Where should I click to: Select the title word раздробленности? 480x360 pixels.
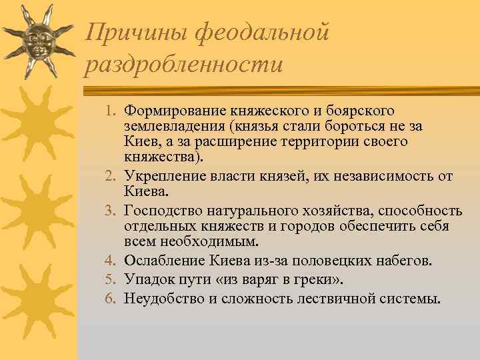pyautogui.click(x=184, y=65)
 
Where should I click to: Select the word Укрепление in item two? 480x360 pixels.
pyautogui.click(x=163, y=177)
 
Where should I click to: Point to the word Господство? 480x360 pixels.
pyautogui.click(x=160, y=211)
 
